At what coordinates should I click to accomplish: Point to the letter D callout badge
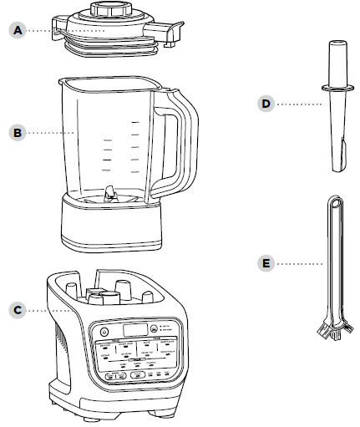pyautogui.click(x=266, y=104)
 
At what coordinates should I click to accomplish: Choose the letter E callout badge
pyautogui.click(x=266, y=263)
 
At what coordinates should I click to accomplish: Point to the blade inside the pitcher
pyautogui.click(x=108, y=191)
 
